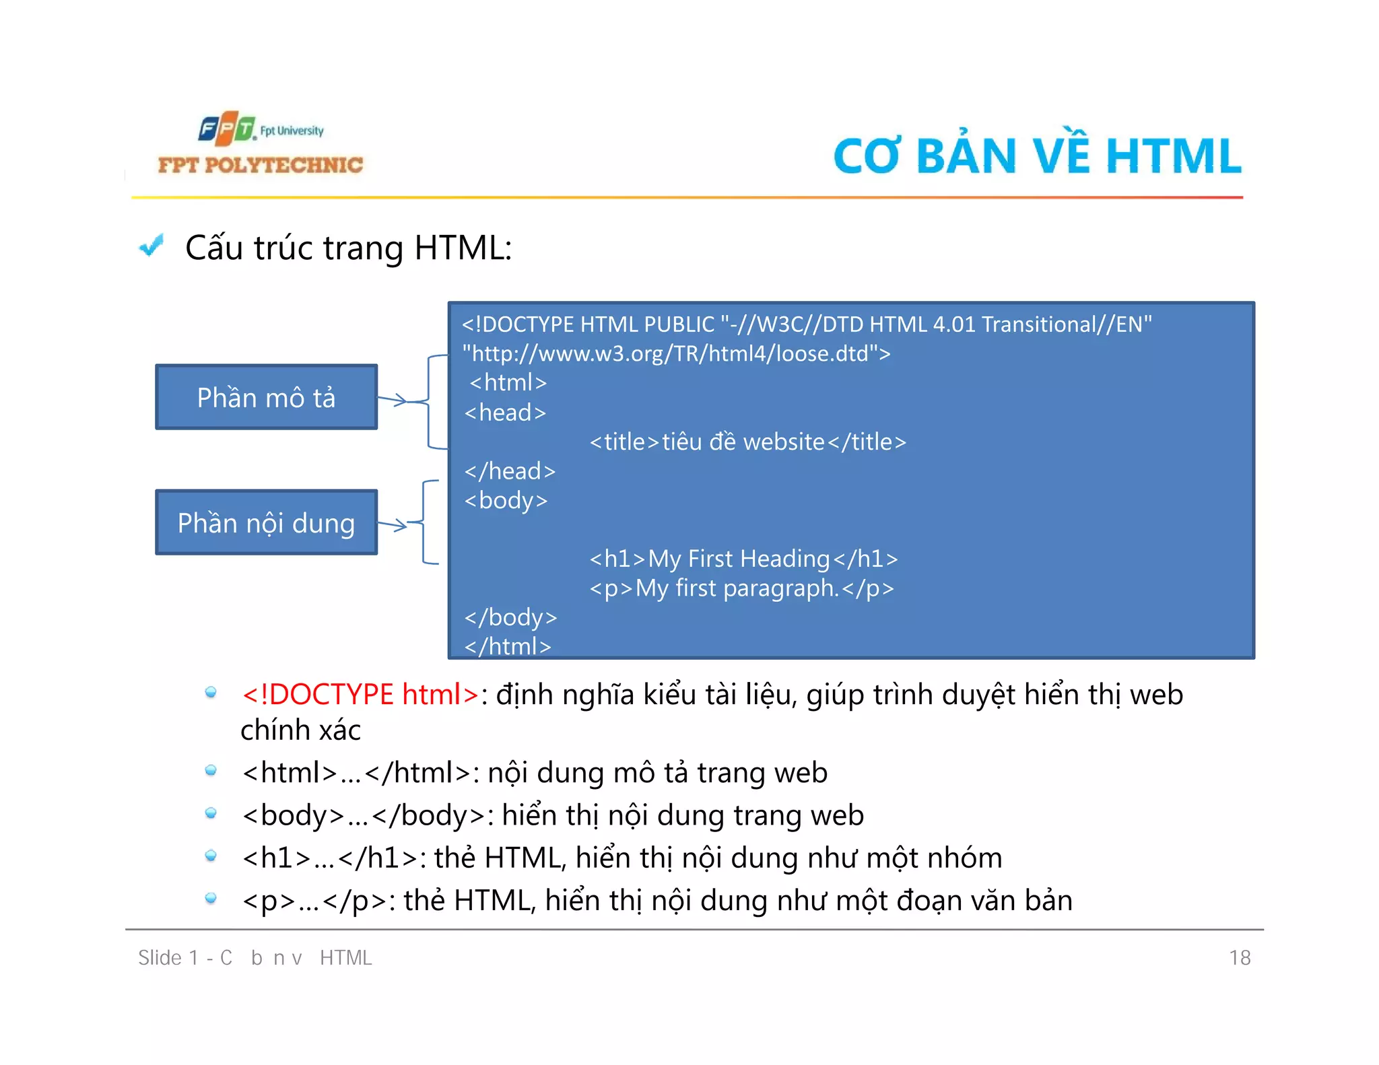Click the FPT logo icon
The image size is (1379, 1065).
point(226,129)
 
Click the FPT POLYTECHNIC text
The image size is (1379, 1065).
point(260,165)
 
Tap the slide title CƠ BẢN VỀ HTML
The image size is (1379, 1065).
point(1037,156)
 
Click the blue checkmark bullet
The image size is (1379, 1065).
point(152,246)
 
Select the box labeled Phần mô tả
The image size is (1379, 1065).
point(266,397)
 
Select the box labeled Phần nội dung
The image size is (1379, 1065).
point(266,523)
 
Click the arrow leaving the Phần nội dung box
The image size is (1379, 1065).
point(393,524)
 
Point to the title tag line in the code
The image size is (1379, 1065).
point(747,442)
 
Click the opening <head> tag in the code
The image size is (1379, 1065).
point(505,412)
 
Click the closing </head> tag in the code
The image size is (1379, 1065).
point(510,471)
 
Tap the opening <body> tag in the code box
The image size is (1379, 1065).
point(506,500)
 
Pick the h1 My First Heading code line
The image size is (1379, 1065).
point(743,559)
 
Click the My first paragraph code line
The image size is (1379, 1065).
point(741,588)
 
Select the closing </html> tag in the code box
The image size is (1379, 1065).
point(508,646)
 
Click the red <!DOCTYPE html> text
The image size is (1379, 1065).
point(360,694)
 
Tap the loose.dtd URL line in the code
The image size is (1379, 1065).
point(676,353)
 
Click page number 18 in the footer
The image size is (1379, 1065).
point(1239,957)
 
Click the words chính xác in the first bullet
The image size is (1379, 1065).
point(300,730)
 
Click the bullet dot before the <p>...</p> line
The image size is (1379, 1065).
point(211,898)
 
